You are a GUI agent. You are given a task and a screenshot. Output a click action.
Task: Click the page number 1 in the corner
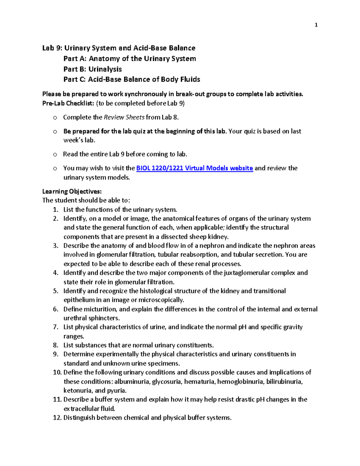coord(316,25)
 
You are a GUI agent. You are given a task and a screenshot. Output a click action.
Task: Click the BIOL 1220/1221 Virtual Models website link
coord(194,168)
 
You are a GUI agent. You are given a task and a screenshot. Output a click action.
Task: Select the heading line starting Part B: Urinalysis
coord(92,69)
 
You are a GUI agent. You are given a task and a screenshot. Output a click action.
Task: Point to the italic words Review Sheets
coord(124,117)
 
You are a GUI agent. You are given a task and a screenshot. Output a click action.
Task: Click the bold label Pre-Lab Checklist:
coord(68,103)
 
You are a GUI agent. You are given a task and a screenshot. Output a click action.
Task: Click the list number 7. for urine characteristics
coord(55,327)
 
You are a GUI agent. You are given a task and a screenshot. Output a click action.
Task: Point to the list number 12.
coord(57,418)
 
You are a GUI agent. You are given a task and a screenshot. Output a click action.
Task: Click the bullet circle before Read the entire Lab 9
coord(55,155)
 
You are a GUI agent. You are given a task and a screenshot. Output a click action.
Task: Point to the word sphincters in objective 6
coord(103,318)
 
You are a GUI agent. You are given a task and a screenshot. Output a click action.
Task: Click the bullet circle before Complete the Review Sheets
coord(55,118)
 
